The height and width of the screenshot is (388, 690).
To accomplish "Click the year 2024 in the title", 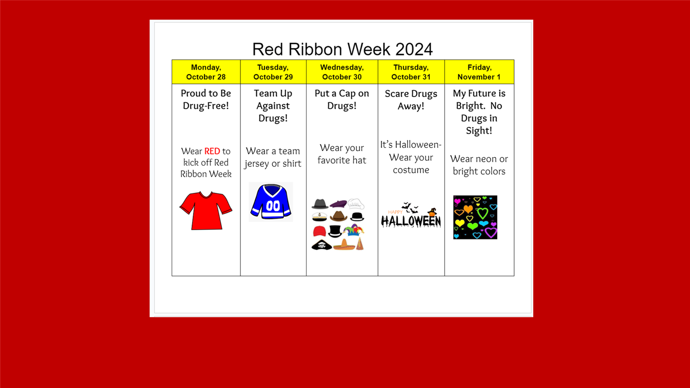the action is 414,49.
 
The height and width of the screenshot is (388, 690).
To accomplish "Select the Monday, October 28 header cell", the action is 206,72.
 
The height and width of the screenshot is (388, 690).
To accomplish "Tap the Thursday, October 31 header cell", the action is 411,72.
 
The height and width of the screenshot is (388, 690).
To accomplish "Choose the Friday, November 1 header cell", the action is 479,72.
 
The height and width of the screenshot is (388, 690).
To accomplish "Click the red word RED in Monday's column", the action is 212,151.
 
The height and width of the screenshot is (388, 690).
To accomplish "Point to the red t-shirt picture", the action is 206,211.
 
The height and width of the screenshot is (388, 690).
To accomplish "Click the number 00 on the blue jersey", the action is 273,206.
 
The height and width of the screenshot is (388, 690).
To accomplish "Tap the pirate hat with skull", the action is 322,245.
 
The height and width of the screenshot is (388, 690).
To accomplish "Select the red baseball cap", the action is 319,231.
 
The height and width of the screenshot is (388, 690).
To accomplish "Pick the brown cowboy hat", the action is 338,216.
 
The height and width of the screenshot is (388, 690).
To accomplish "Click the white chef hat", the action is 356,203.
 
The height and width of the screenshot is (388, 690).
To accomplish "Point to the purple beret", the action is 338,203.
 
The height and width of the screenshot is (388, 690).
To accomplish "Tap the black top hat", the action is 335,231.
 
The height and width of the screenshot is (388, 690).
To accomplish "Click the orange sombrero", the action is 344,245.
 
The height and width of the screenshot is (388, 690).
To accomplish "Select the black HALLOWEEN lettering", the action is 411,221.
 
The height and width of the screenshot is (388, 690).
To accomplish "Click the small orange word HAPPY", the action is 395,212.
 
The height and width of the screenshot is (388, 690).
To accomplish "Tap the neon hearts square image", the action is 475,217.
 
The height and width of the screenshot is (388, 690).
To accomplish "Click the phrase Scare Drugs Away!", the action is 411,100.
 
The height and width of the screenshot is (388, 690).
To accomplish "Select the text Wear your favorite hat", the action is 342,154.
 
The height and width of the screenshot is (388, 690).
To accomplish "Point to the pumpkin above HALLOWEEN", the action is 432,212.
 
